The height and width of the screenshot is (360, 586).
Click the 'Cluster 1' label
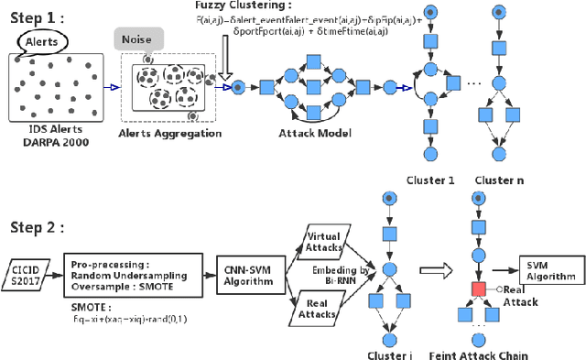coord(431,181)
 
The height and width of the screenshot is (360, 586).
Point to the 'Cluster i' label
coord(391,354)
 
